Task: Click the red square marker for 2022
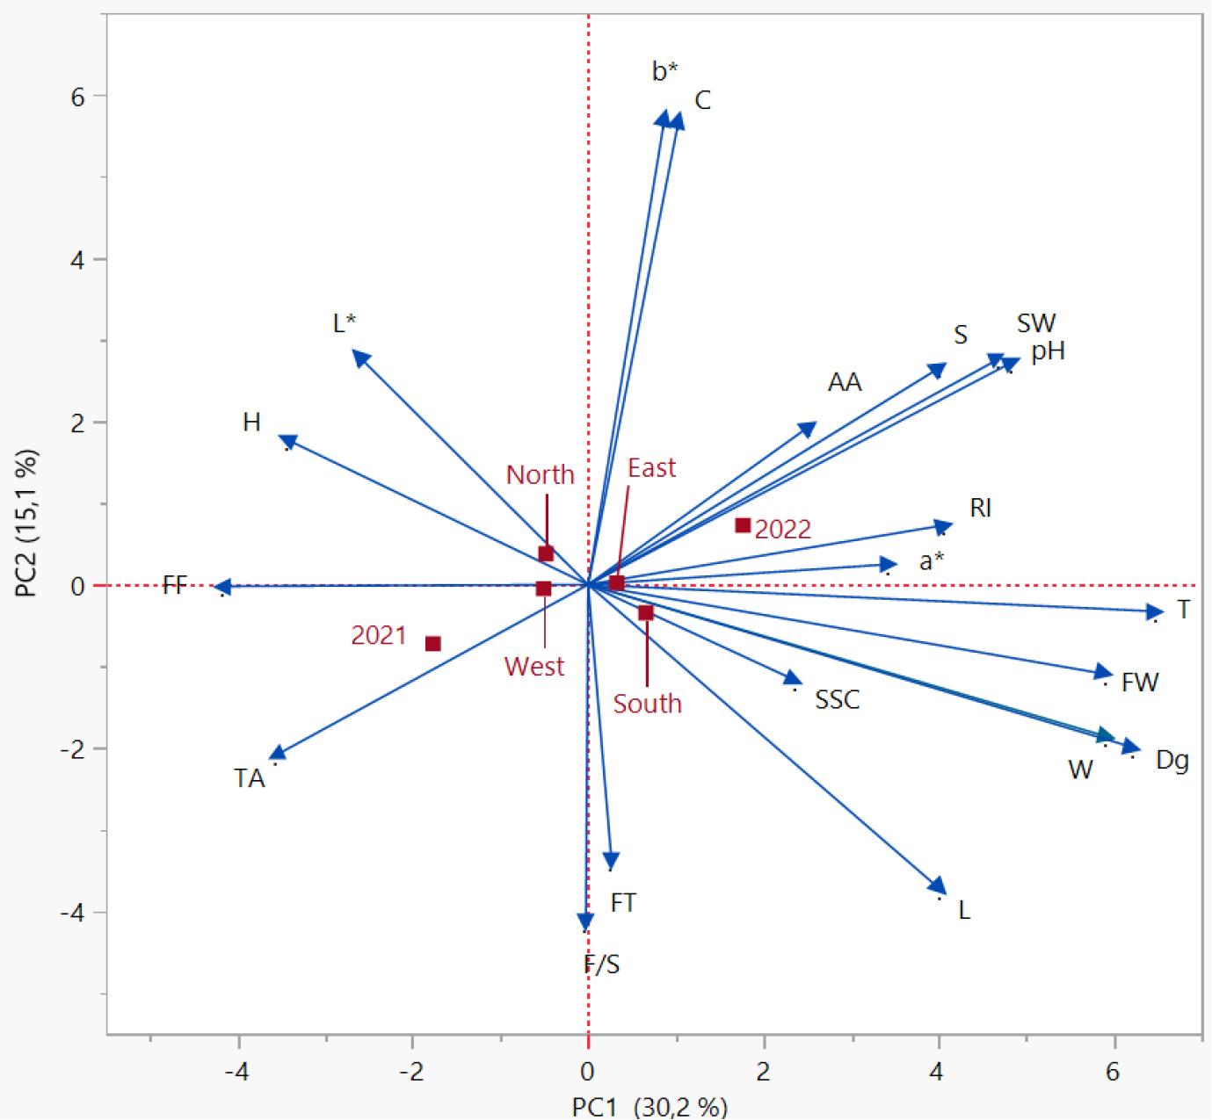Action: coord(743,525)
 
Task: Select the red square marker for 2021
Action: coord(432,644)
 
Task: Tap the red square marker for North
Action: coord(546,553)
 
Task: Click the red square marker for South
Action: coord(646,612)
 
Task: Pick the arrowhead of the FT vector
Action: coord(611,863)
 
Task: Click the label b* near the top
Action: coord(665,71)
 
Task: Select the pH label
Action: coord(1048,351)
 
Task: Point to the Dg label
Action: coord(1172,760)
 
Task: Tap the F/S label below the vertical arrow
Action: coord(602,965)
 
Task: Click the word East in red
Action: coord(651,468)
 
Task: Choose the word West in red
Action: coord(533,667)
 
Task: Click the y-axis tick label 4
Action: coord(77,259)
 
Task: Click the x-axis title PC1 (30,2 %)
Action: coord(650,1106)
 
